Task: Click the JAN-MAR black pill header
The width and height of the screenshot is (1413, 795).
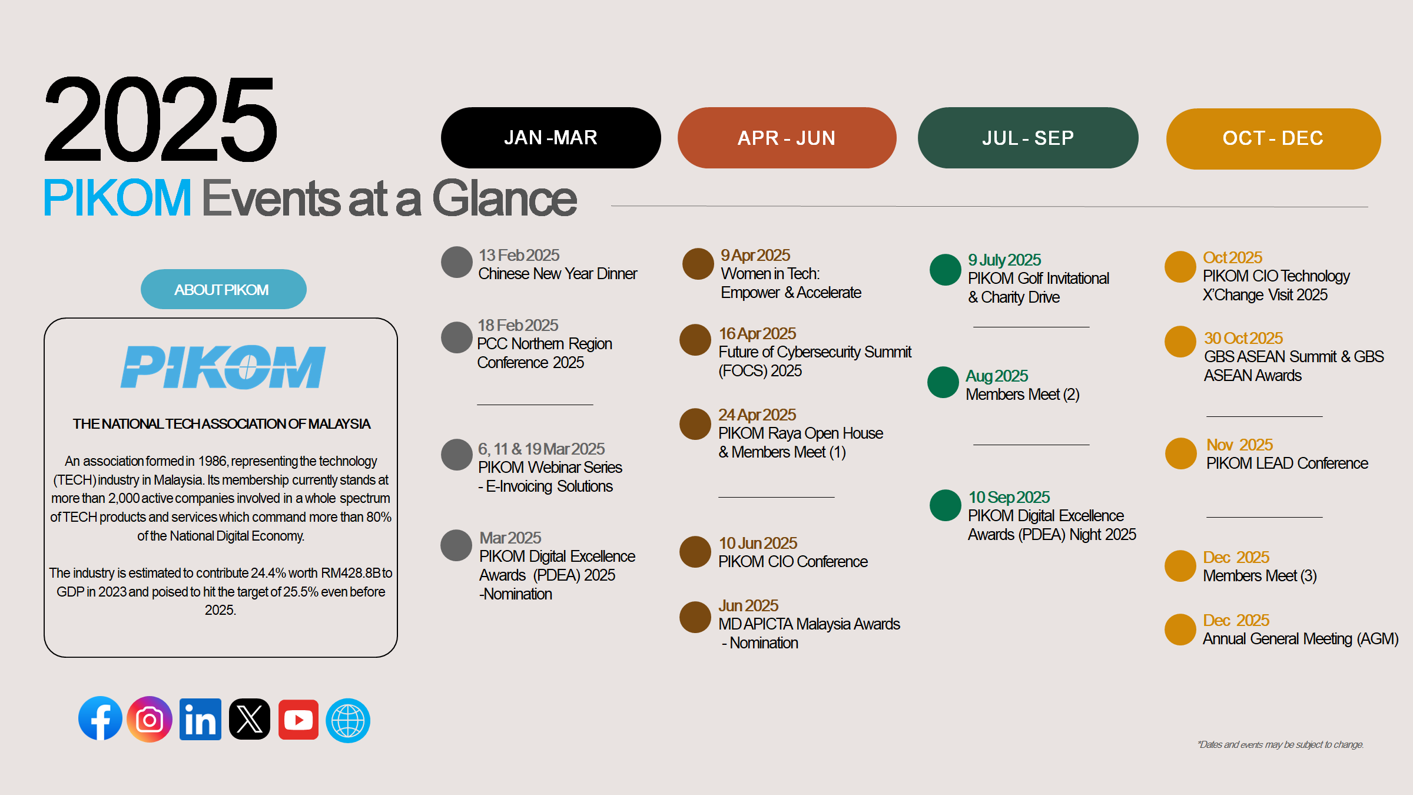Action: [x=550, y=138]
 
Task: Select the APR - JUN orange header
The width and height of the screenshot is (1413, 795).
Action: [x=787, y=138]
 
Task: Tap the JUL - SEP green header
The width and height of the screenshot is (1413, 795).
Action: [x=1028, y=138]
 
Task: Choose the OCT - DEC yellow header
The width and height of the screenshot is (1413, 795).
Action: [x=1273, y=138]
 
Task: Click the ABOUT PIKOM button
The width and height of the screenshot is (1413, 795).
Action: [x=223, y=289]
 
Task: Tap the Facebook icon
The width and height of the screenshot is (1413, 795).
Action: [x=100, y=719]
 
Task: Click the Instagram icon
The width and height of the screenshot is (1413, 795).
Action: [x=150, y=719]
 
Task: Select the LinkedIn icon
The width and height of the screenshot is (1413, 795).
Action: [x=200, y=719]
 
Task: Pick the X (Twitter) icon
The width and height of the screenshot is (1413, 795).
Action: [x=250, y=719]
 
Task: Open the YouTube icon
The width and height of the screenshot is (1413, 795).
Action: [x=298, y=719]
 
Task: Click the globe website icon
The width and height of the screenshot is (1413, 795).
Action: [x=348, y=720]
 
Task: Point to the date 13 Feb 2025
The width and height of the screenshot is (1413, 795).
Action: [x=519, y=255]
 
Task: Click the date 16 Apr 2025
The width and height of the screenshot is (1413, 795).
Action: [x=757, y=333]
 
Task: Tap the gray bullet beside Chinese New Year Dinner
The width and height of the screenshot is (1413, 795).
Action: [x=457, y=262]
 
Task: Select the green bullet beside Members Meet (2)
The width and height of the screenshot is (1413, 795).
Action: [x=943, y=382]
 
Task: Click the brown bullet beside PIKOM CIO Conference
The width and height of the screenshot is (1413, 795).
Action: [x=695, y=552]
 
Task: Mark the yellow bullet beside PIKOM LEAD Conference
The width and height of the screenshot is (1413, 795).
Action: [x=1181, y=453]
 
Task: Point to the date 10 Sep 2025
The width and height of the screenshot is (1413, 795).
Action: [x=1009, y=497]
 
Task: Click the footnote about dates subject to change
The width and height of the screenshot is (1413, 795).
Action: [x=1281, y=744]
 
